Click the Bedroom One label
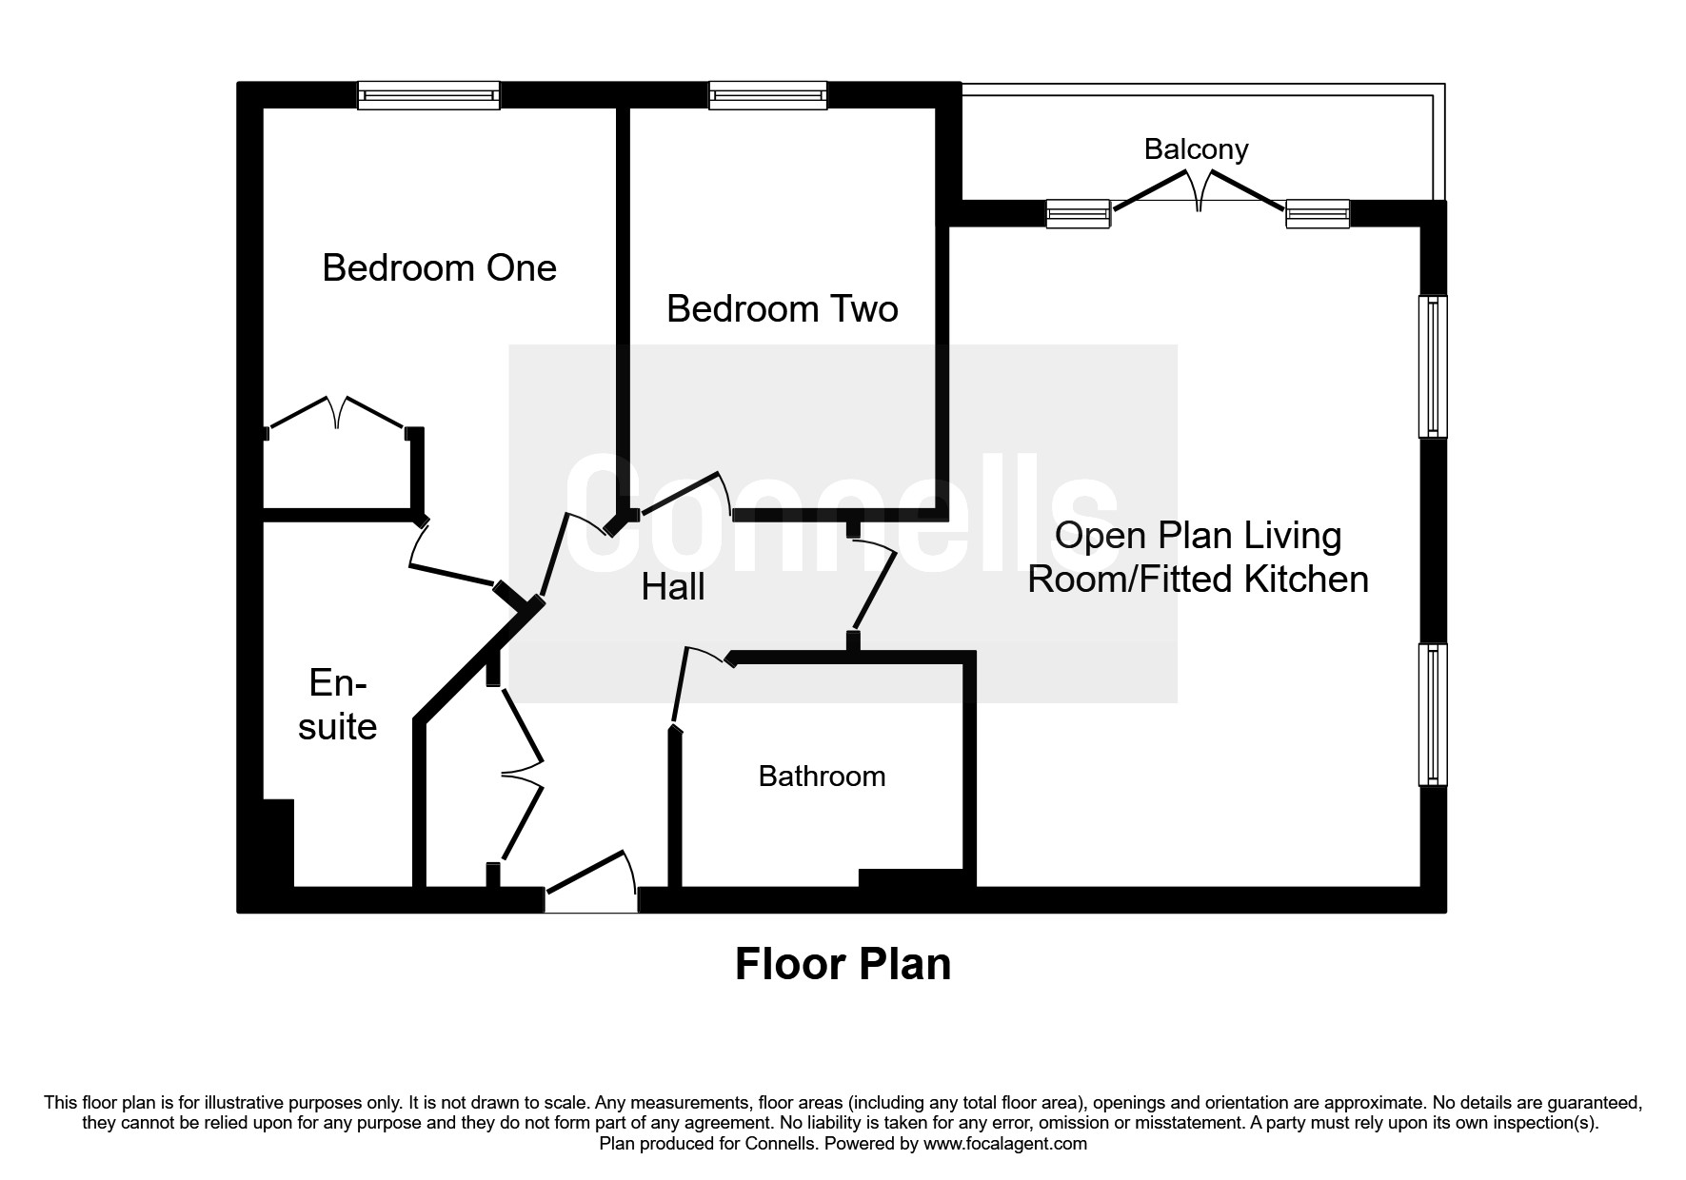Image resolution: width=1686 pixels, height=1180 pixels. [x=439, y=267]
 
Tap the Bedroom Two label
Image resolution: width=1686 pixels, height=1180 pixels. [x=782, y=309]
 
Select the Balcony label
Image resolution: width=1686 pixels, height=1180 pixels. [x=1196, y=149]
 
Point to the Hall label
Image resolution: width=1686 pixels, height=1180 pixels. [x=673, y=587]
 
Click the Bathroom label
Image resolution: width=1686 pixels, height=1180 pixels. [x=822, y=777]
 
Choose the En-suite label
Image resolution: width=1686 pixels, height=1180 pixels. [x=337, y=705]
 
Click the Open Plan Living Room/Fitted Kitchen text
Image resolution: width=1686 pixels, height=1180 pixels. [x=1198, y=558]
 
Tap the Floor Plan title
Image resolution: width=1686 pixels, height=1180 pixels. [x=843, y=964]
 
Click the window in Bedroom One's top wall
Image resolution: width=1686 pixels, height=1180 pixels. [x=428, y=95]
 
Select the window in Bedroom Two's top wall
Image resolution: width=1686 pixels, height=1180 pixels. [x=767, y=95]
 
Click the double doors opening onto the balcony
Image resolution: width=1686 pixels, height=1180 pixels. [x=1199, y=191]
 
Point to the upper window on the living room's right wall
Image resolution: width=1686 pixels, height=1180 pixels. [x=1433, y=366]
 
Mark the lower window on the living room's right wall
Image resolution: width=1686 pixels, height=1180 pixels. [x=1433, y=715]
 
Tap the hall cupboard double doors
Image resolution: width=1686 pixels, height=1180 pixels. [x=523, y=774]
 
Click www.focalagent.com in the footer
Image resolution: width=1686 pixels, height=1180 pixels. [x=1004, y=1144]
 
